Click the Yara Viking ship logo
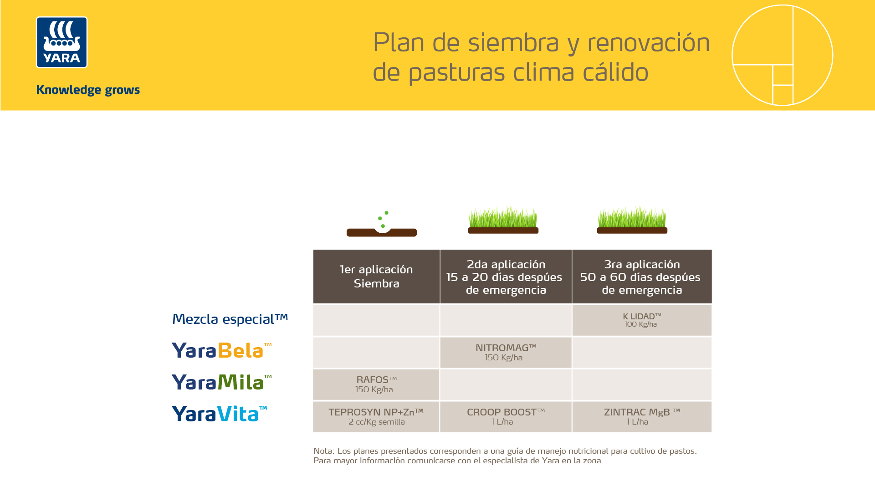(61, 42)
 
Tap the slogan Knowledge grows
(88, 90)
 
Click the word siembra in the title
(513, 43)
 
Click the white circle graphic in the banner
(782, 55)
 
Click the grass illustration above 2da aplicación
(503, 220)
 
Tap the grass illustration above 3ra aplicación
(632, 220)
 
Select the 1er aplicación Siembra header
(376, 277)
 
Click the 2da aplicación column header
(506, 277)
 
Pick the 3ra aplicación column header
(641, 277)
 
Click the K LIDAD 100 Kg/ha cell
(641, 320)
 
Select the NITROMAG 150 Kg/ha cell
(506, 353)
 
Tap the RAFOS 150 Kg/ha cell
(376, 384)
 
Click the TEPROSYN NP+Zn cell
(376, 417)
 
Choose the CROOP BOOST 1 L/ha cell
(506, 417)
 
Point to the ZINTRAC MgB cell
(641, 417)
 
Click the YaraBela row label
(221, 350)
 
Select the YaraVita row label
(219, 414)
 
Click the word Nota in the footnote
(323, 451)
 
